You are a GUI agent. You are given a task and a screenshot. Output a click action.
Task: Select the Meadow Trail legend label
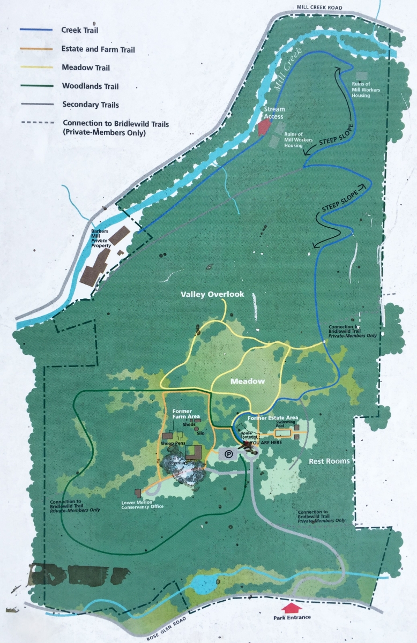(x=86, y=67)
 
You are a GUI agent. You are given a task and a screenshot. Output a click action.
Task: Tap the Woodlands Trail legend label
(x=90, y=86)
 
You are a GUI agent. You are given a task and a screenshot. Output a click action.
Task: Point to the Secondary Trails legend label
(x=91, y=104)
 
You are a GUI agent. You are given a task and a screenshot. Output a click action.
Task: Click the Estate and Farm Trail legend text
(x=98, y=49)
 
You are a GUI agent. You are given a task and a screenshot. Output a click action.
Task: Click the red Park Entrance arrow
(x=291, y=608)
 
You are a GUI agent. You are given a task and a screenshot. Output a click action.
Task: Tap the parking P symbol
(x=229, y=454)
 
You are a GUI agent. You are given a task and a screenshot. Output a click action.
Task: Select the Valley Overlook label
(x=212, y=294)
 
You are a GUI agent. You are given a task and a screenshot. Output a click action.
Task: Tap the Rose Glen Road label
(x=169, y=632)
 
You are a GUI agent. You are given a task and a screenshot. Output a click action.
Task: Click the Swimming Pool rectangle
(x=282, y=432)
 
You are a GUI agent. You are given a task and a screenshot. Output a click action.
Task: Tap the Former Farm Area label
(x=185, y=414)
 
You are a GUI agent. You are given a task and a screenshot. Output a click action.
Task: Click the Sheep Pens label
(x=172, y=444)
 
